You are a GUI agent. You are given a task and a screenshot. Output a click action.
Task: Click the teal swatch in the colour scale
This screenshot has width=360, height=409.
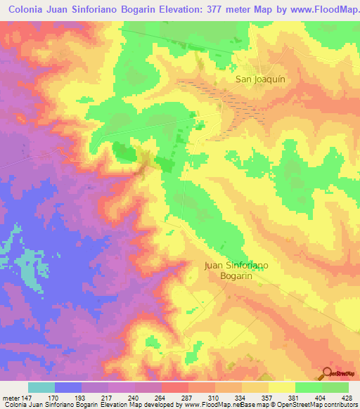[41, 387]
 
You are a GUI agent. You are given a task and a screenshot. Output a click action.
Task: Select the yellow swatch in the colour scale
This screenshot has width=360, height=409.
[282, 387]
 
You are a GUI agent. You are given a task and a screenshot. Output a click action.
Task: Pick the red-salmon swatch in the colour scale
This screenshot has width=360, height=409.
[175, 387]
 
